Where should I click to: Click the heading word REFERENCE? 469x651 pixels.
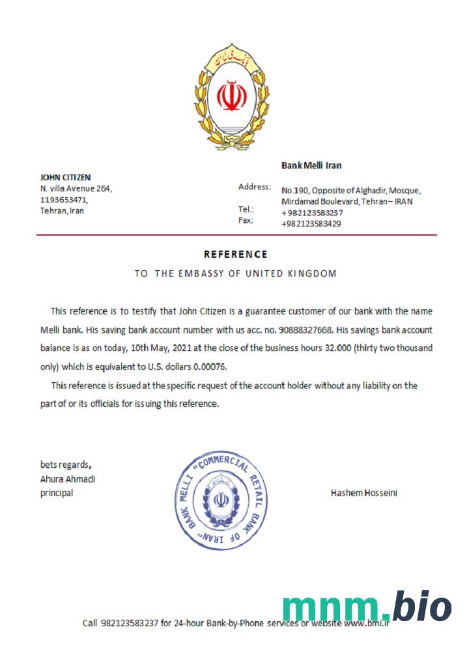tap(235, 255)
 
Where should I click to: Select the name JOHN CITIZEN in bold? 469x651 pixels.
tap(66, 177)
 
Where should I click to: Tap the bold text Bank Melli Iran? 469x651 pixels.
tap(311, 165)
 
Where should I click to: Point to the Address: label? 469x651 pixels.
tap(255, 187)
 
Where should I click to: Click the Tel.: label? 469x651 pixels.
tap(246, 210)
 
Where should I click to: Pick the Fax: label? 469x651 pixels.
tap(246, 220)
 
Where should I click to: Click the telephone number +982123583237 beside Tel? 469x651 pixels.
tap(312, 213)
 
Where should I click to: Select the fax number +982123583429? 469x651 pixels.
tap(311, 223)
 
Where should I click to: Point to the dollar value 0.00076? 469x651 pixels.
tap(208, 367)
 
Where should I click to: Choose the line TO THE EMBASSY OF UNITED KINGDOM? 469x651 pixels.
tap(235, 273)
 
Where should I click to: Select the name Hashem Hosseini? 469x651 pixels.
tap(364, 493)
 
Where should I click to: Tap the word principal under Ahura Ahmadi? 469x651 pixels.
tap(57, 493)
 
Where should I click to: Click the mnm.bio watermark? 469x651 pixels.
tap(367, 608)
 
